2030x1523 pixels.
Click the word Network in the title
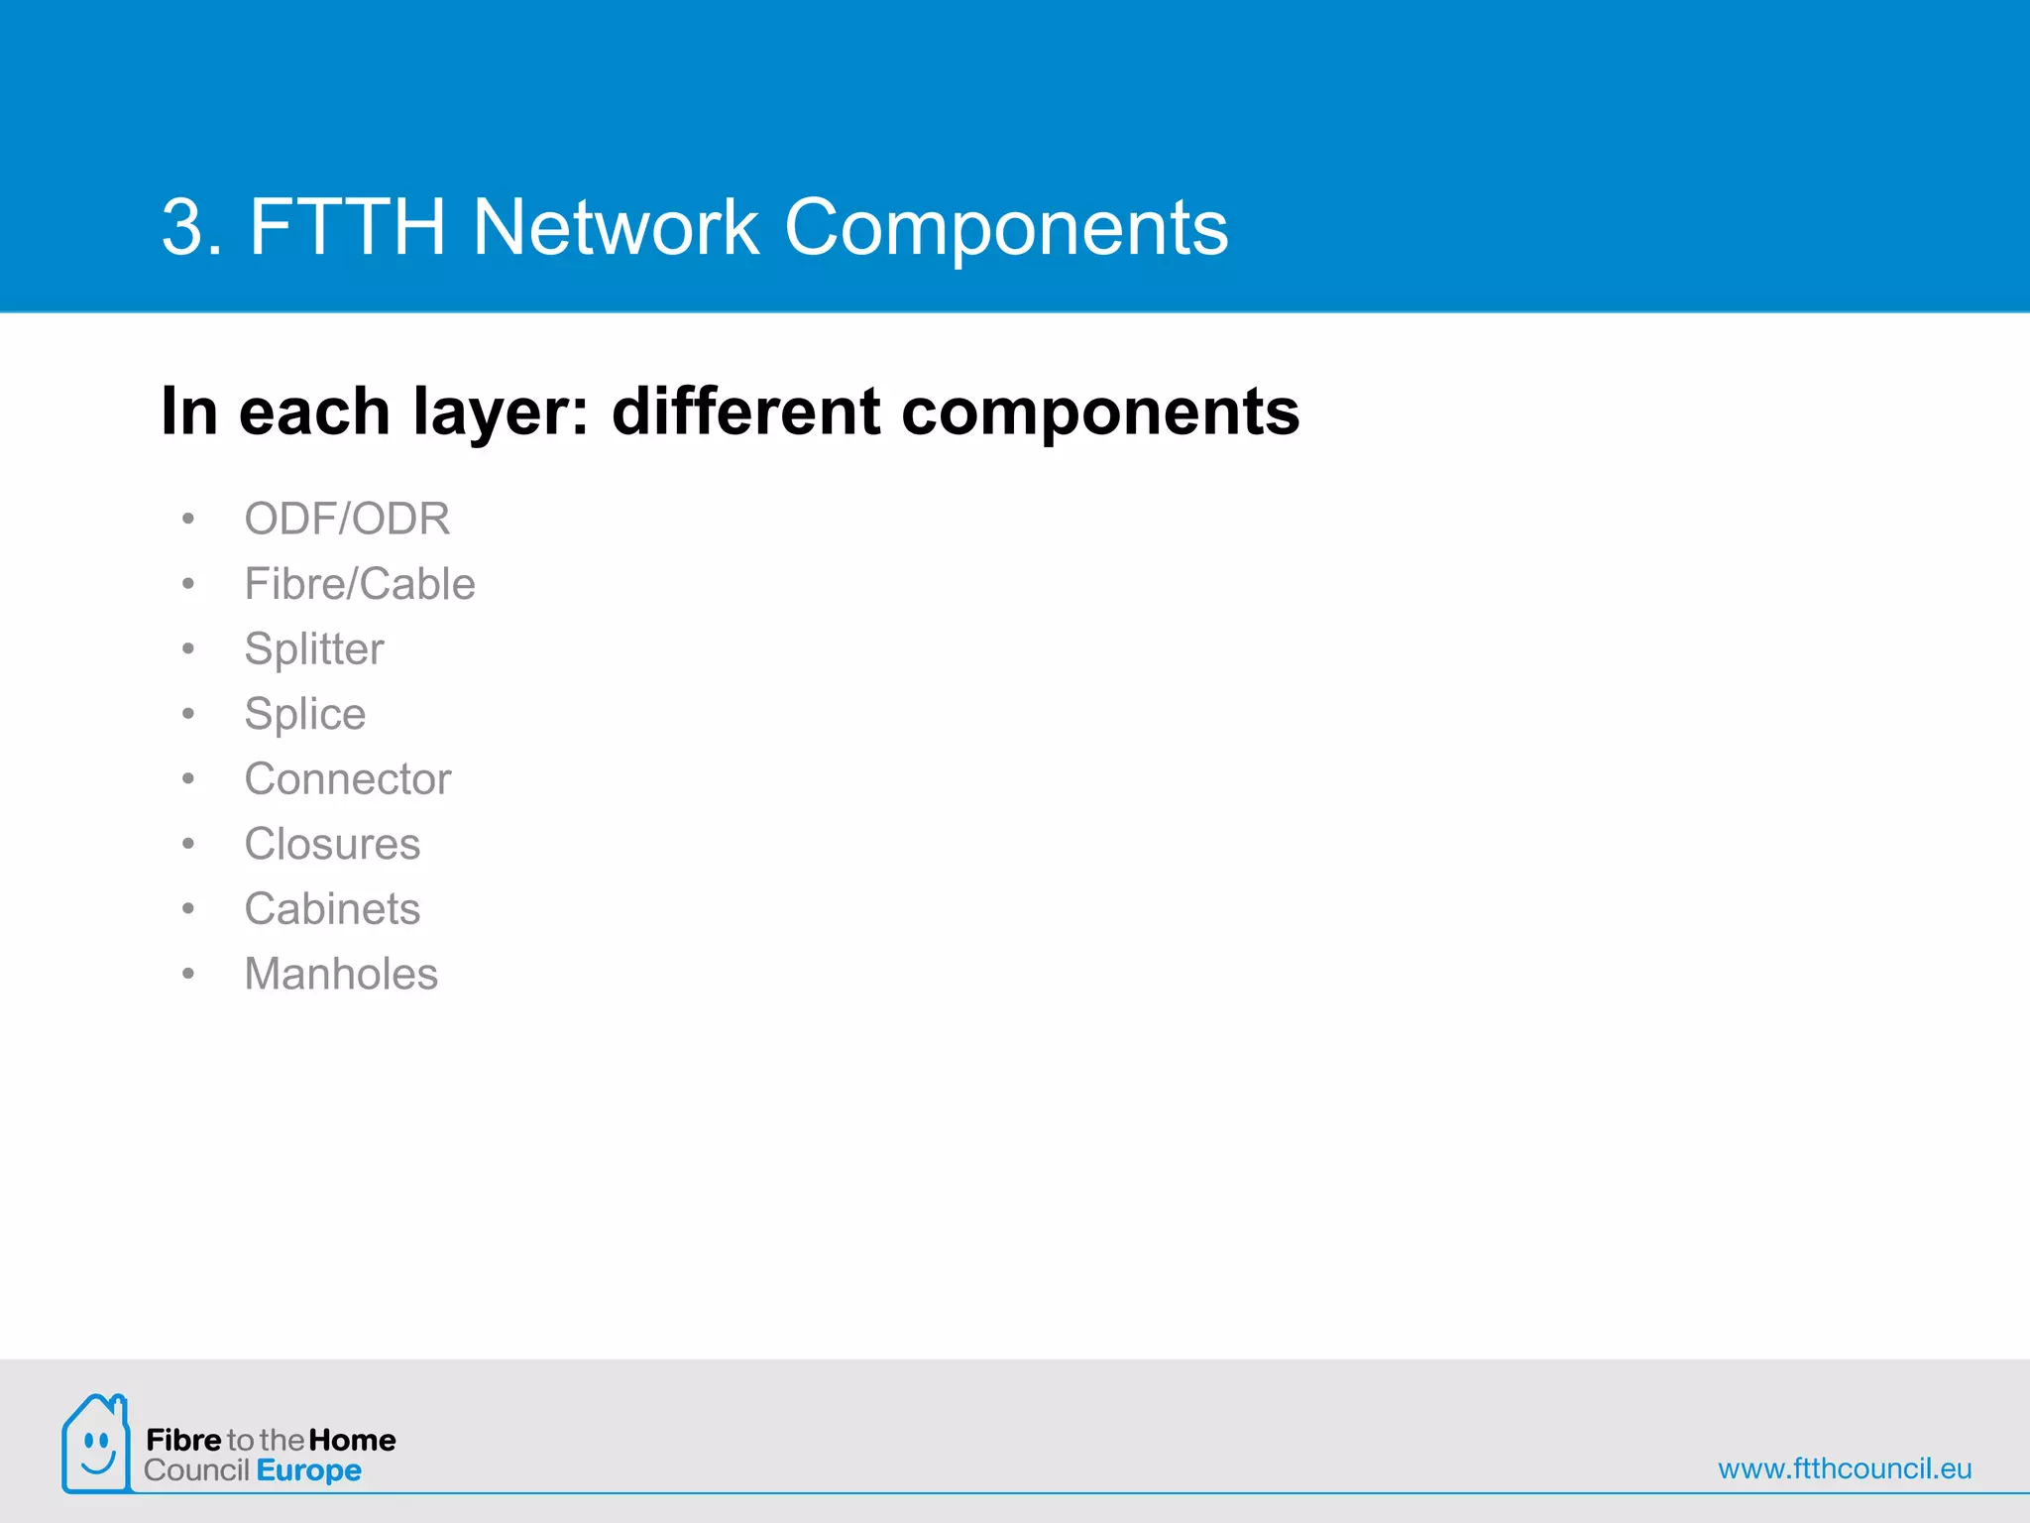(615, 227)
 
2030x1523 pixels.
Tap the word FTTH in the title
(347, 227)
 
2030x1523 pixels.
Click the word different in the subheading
(745, 411)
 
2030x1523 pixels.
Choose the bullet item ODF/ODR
(347, 519)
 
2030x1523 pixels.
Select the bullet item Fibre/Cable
(360, 584)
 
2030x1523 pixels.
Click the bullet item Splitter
(314, 649)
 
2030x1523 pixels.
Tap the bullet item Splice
(305, 714)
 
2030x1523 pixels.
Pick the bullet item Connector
(348, 779)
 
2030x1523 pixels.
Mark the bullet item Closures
(332, 845)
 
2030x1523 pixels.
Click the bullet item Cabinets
(332, 909)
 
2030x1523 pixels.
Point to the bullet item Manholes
(341, 975)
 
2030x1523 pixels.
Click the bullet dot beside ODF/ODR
(188, 519)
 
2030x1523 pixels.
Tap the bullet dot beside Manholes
(188, 975)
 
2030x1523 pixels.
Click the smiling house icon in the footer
(96, 1444)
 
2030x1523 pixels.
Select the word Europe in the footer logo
(308, 1470)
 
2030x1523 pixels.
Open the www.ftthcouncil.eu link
(1845, 1468)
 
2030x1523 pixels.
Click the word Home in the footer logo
(352, 1440)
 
